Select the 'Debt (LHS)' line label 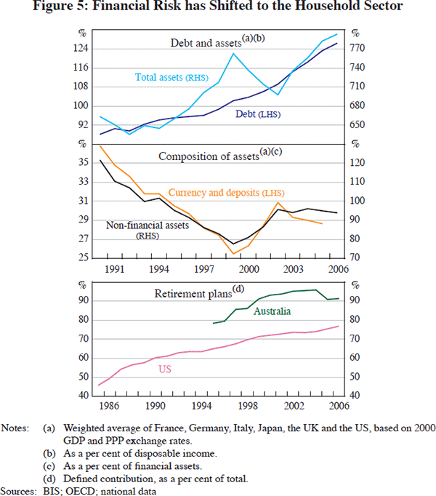point(258,114)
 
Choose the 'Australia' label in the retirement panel point(272,311)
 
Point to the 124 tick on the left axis point(81,48)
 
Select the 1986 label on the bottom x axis point(109,406)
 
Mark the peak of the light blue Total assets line point(234,53)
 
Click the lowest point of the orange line point(233,254)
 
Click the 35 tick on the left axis point(83,163)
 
